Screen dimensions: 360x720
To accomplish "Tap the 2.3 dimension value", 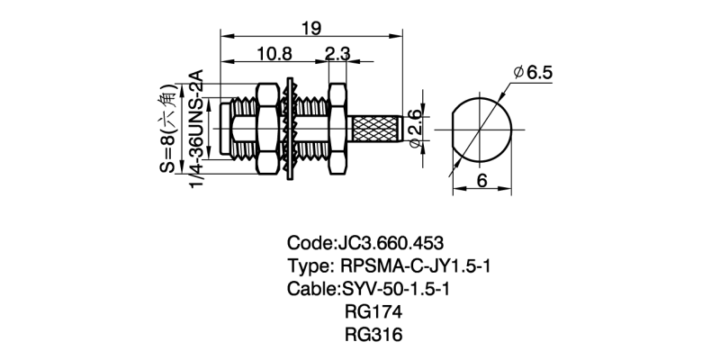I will pos(338,55).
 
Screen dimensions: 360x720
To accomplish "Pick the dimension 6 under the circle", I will pos(481,180).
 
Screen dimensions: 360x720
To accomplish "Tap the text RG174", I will pos(373,312).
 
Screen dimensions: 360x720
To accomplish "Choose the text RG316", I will pos(373,335).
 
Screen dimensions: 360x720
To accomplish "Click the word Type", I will pos(309,266).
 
